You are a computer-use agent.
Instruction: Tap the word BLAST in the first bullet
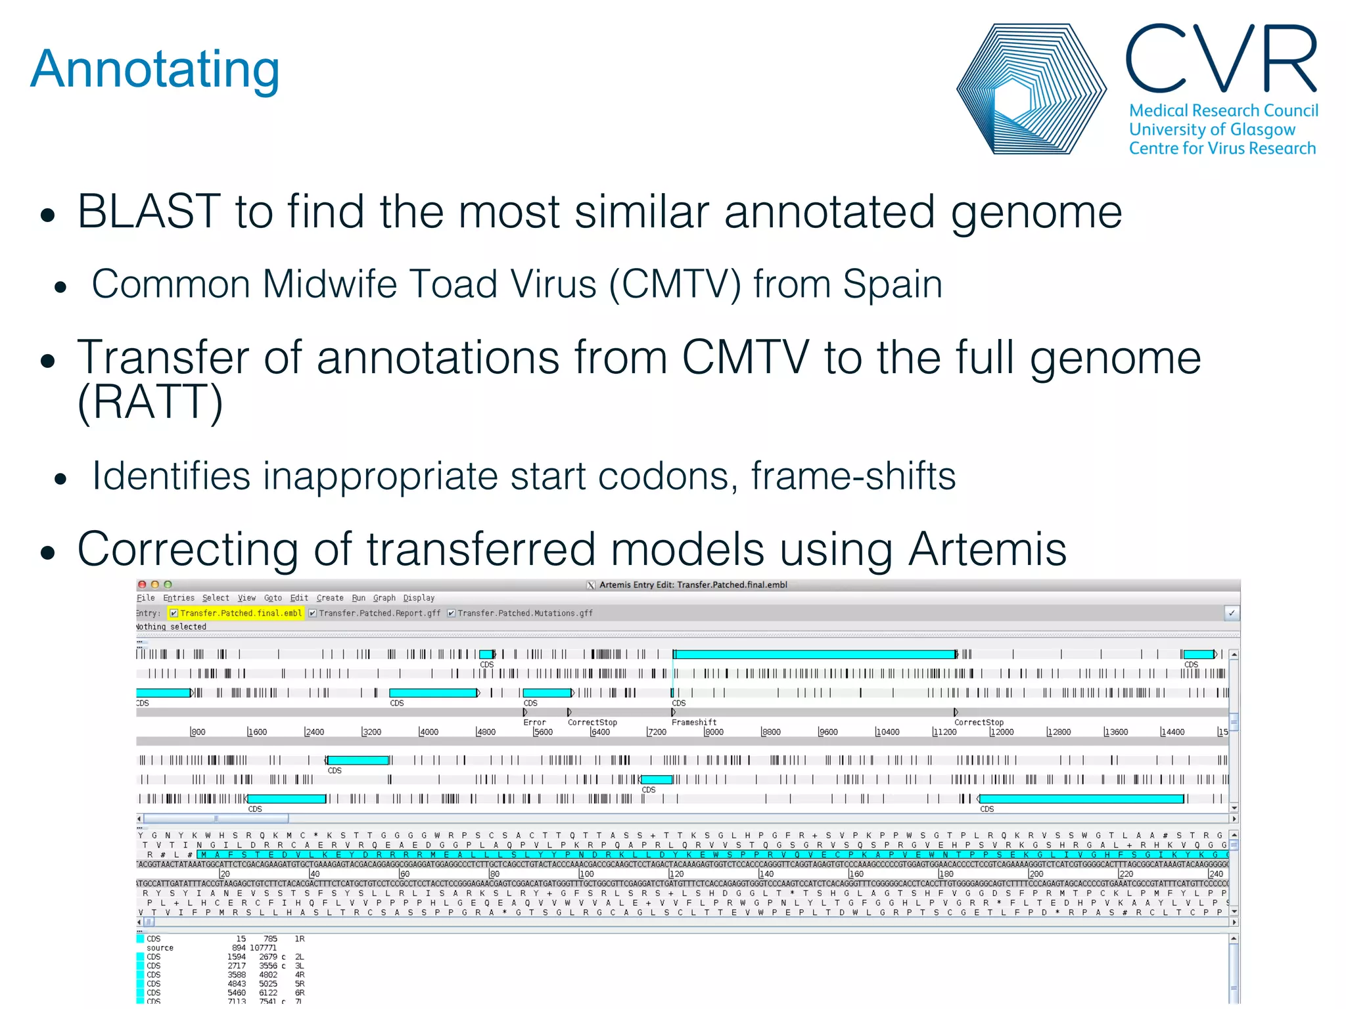tap(148, 212)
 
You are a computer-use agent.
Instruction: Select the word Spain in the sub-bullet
tap(892, 284)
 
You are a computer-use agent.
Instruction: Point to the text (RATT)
tap(151, 402)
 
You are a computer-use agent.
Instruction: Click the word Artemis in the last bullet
tap(986, 549)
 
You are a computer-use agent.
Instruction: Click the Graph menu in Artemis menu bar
tap(384, 598)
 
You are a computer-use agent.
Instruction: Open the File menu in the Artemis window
tap(145, 598)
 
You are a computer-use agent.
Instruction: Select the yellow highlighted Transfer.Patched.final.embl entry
tap(240, 613)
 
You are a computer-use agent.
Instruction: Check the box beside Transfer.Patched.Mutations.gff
tap(452, 613)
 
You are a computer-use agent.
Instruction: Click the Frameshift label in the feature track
tap(693, 722)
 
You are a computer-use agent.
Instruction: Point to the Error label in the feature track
tap(534, 722)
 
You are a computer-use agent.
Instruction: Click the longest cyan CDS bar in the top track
tap(815, 654)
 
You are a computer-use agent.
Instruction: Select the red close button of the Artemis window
tap(142, 584)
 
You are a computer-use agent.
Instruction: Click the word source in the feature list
tap(160, 948)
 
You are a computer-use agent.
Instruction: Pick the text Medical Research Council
tap(1223, 110)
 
